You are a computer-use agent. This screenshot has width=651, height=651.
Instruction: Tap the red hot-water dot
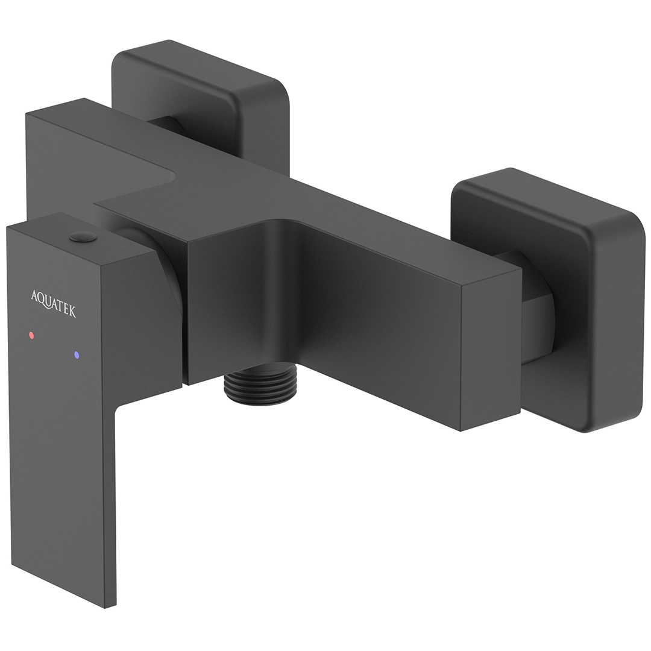pos(31,335)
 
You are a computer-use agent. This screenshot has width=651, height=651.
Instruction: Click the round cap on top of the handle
pos(83,237)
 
